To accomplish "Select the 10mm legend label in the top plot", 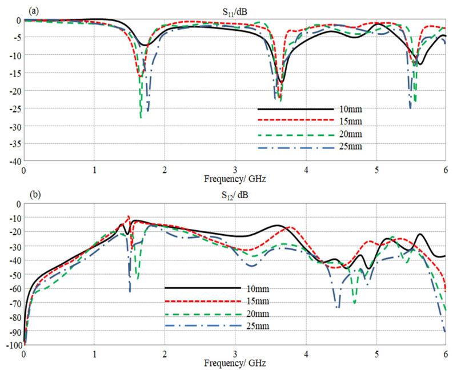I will [x=350, y=108].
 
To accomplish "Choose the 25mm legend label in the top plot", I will [x=350, y=147].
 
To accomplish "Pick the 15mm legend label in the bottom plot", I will [x=256, y=301].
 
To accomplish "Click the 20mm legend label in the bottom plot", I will [x=256, y=313].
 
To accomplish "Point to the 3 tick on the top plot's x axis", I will [x=235, y=170].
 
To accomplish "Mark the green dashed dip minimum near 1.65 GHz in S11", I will [x=141, y=117].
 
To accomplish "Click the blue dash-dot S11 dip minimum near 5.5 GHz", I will [x=410, y=107].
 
